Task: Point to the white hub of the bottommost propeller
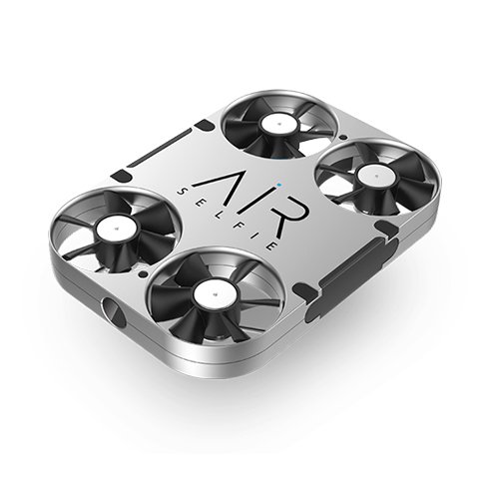212,293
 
